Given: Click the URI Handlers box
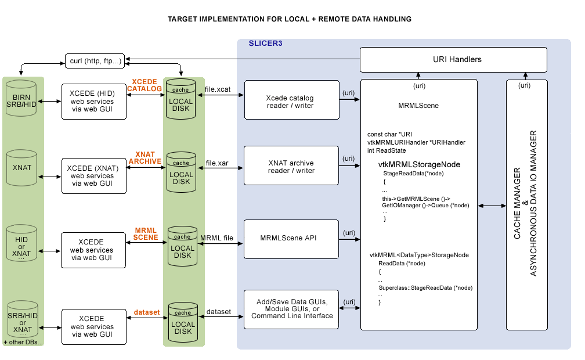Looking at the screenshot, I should pos(453,59).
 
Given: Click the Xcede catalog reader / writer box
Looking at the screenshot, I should pos(291,100).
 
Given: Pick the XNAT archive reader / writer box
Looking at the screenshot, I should pos(291,165).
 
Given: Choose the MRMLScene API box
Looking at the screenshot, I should pos(291,239).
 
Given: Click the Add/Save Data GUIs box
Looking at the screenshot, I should pos(291,309).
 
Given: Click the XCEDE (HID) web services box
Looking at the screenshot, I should pos(93,101).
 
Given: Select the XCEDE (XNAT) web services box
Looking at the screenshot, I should pos(93,175).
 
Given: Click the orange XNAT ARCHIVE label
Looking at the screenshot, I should pos(145,157).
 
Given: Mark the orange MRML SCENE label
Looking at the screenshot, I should pos(146,233).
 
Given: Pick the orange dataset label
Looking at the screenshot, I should pos(147,312).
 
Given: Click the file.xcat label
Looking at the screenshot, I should pos(218,89).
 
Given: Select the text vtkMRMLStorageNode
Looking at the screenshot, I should pos(419,164).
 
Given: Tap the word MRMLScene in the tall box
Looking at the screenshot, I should pos(418,106).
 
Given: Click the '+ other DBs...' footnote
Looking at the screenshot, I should pos(23,343).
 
